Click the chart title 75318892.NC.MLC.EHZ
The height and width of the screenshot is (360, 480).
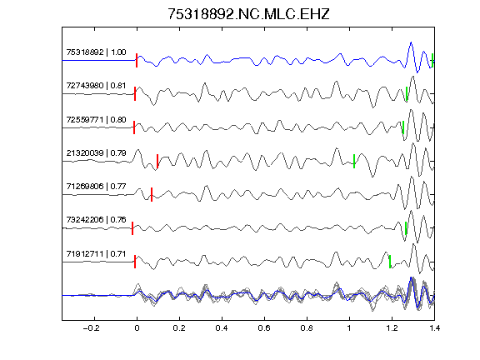tap(248, 14)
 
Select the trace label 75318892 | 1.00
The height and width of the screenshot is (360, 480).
tap(96, 52)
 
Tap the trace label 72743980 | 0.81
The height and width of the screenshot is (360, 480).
tap(96, 86)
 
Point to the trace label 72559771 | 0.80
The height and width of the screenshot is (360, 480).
tap(96, 119)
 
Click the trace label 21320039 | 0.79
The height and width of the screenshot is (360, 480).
tap(96, 152)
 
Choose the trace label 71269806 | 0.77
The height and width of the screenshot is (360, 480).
tap(96, 187)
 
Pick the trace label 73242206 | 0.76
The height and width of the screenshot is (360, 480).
tap(96, 220)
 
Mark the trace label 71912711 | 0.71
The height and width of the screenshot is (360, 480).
tap(96, 254)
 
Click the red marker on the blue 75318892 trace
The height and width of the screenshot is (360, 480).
tap(137, 60)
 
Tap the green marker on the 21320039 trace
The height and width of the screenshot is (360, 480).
tap(354, 161)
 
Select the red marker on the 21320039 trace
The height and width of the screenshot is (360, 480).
tap(157, 161)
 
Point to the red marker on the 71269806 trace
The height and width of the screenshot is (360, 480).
tap(152, 194)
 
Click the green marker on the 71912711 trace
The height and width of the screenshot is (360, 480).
tap(390, 262)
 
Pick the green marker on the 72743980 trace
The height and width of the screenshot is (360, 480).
tap(407, 93)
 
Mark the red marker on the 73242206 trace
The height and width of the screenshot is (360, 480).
tap(132, 228)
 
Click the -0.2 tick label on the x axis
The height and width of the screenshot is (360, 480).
tap(91, 328)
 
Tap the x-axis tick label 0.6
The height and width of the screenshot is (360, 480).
tap(264, 328)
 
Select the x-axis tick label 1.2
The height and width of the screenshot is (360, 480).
tap(392, 328)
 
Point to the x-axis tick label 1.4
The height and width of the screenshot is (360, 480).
tap(434, 328)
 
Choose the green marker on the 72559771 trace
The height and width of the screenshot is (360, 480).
tap(403, 127)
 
